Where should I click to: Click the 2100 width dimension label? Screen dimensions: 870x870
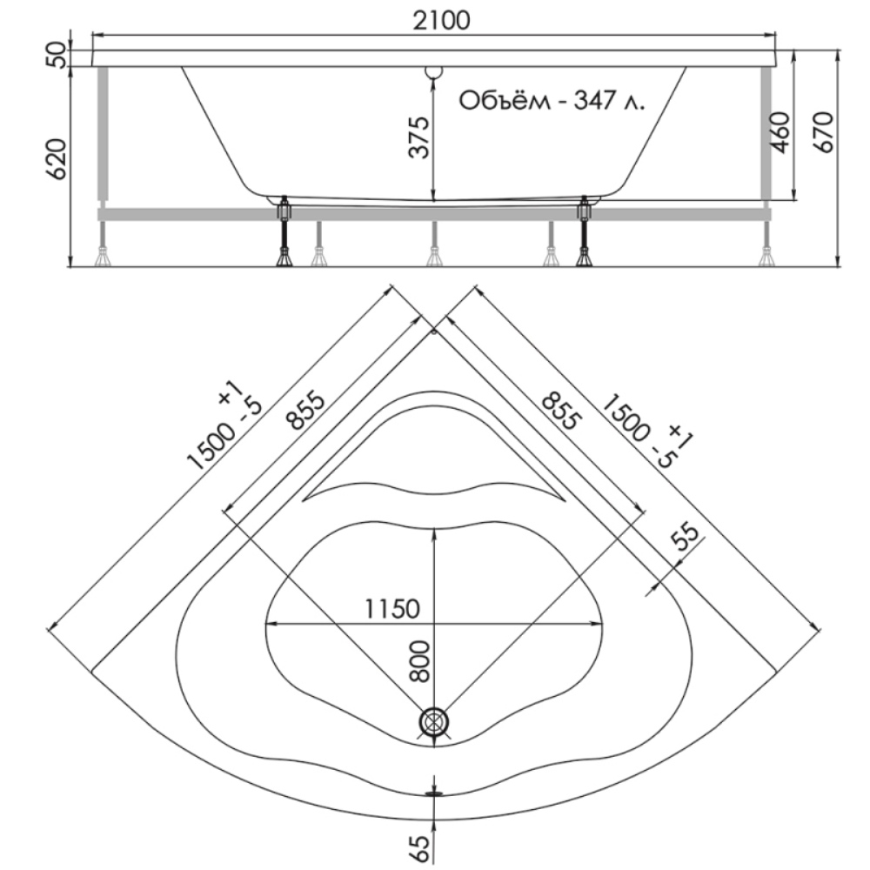(442, 20)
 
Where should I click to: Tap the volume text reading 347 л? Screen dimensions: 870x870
(609, 101)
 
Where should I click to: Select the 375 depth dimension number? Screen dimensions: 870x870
(420, 137)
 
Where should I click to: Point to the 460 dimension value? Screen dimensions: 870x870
(780, 132)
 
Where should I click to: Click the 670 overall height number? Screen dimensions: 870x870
(823, 132)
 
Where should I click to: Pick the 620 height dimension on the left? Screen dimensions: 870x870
(57, 158)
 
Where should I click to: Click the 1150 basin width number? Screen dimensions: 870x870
(392, 609)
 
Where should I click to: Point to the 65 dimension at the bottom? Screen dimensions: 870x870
(421, 847)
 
